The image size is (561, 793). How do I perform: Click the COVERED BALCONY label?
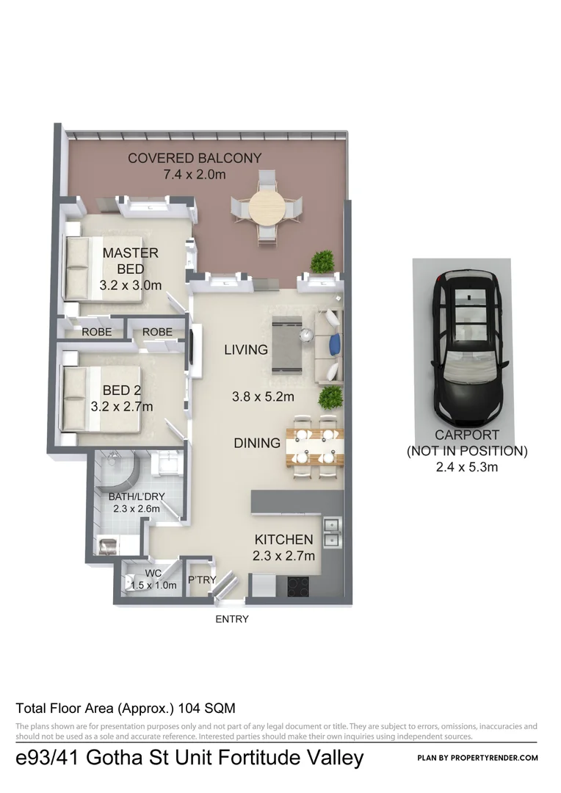194,158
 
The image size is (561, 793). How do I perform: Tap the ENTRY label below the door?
231,619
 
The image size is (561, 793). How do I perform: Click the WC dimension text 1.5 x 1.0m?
153,585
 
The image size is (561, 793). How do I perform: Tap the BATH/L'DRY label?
137,496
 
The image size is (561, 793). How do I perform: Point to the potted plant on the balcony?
322,261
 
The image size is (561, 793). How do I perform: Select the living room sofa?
329,346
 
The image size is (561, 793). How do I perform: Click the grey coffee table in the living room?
288,345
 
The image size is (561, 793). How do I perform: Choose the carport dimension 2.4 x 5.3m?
467,466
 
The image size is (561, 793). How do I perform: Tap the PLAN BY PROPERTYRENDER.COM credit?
477,758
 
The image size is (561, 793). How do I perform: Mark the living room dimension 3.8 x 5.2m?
263,397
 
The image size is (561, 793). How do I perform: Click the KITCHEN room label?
283,540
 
